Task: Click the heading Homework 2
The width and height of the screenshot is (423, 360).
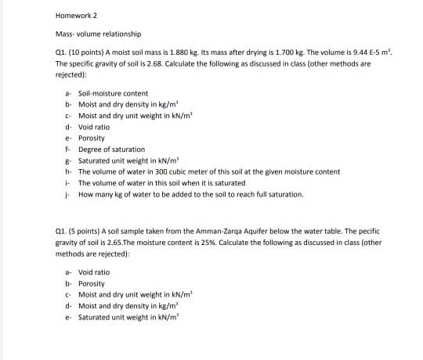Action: click(75, 15)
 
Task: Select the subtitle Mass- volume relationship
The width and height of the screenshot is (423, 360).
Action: click(98, 34)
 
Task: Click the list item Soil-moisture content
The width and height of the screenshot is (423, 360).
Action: click(114, 93)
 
